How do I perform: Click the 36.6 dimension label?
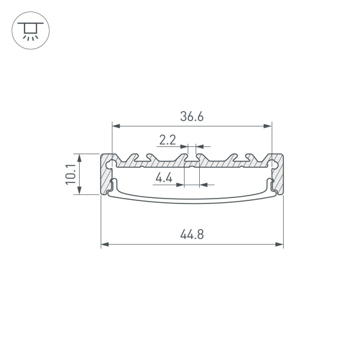[x=191, y=117]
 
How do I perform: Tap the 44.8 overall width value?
[x=191, y=235]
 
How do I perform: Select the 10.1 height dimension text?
[x=71, y=175]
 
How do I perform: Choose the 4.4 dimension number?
[x=163, y=178]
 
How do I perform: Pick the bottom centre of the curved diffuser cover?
[x=192, y=203]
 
